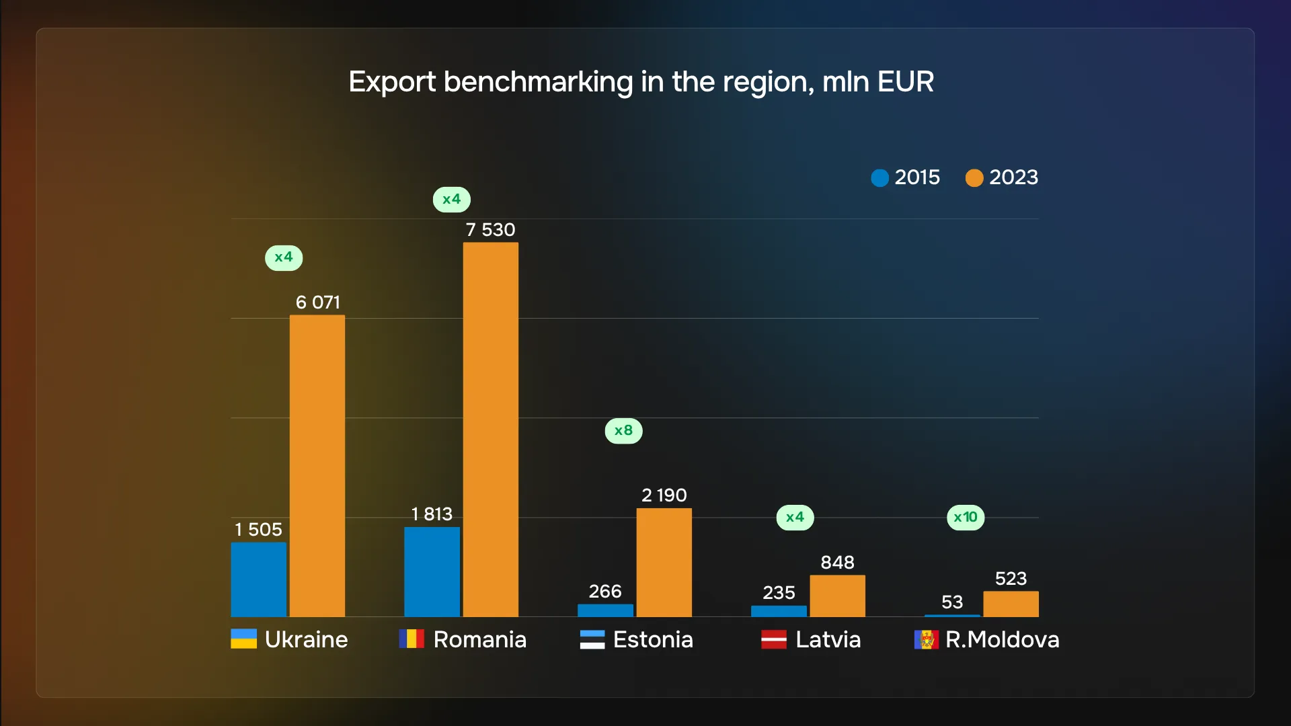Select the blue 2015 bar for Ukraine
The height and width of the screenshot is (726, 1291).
tap(258, 579)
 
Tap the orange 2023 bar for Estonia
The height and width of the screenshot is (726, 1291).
tap(664, 562)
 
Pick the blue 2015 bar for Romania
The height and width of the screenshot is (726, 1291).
tap(432, 571)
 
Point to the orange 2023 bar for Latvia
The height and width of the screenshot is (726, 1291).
tap(837, 596)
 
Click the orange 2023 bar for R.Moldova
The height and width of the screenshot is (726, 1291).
tap(1011, 604)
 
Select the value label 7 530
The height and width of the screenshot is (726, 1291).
tap(490, 230)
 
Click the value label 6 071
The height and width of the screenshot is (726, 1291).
tap(317, 302)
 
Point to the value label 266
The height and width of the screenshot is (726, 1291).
tap(605, 592)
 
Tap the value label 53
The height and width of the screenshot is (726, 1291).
tap(952, 602)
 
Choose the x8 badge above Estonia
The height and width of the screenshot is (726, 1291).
tap(623, 431)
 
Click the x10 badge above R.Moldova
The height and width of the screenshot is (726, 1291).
tap(966, 518)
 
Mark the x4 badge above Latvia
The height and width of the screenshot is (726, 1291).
tap(795, 518)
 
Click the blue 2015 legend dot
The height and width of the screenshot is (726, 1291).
tap(879, 178)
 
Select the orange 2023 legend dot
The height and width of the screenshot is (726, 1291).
tap(974, 178)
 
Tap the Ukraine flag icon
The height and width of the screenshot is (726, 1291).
tap(243, 639)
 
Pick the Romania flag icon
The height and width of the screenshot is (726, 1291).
tap(412, 639)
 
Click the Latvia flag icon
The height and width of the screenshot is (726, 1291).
tap(773, 639)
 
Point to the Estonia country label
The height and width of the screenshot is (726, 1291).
tap(653, 639)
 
